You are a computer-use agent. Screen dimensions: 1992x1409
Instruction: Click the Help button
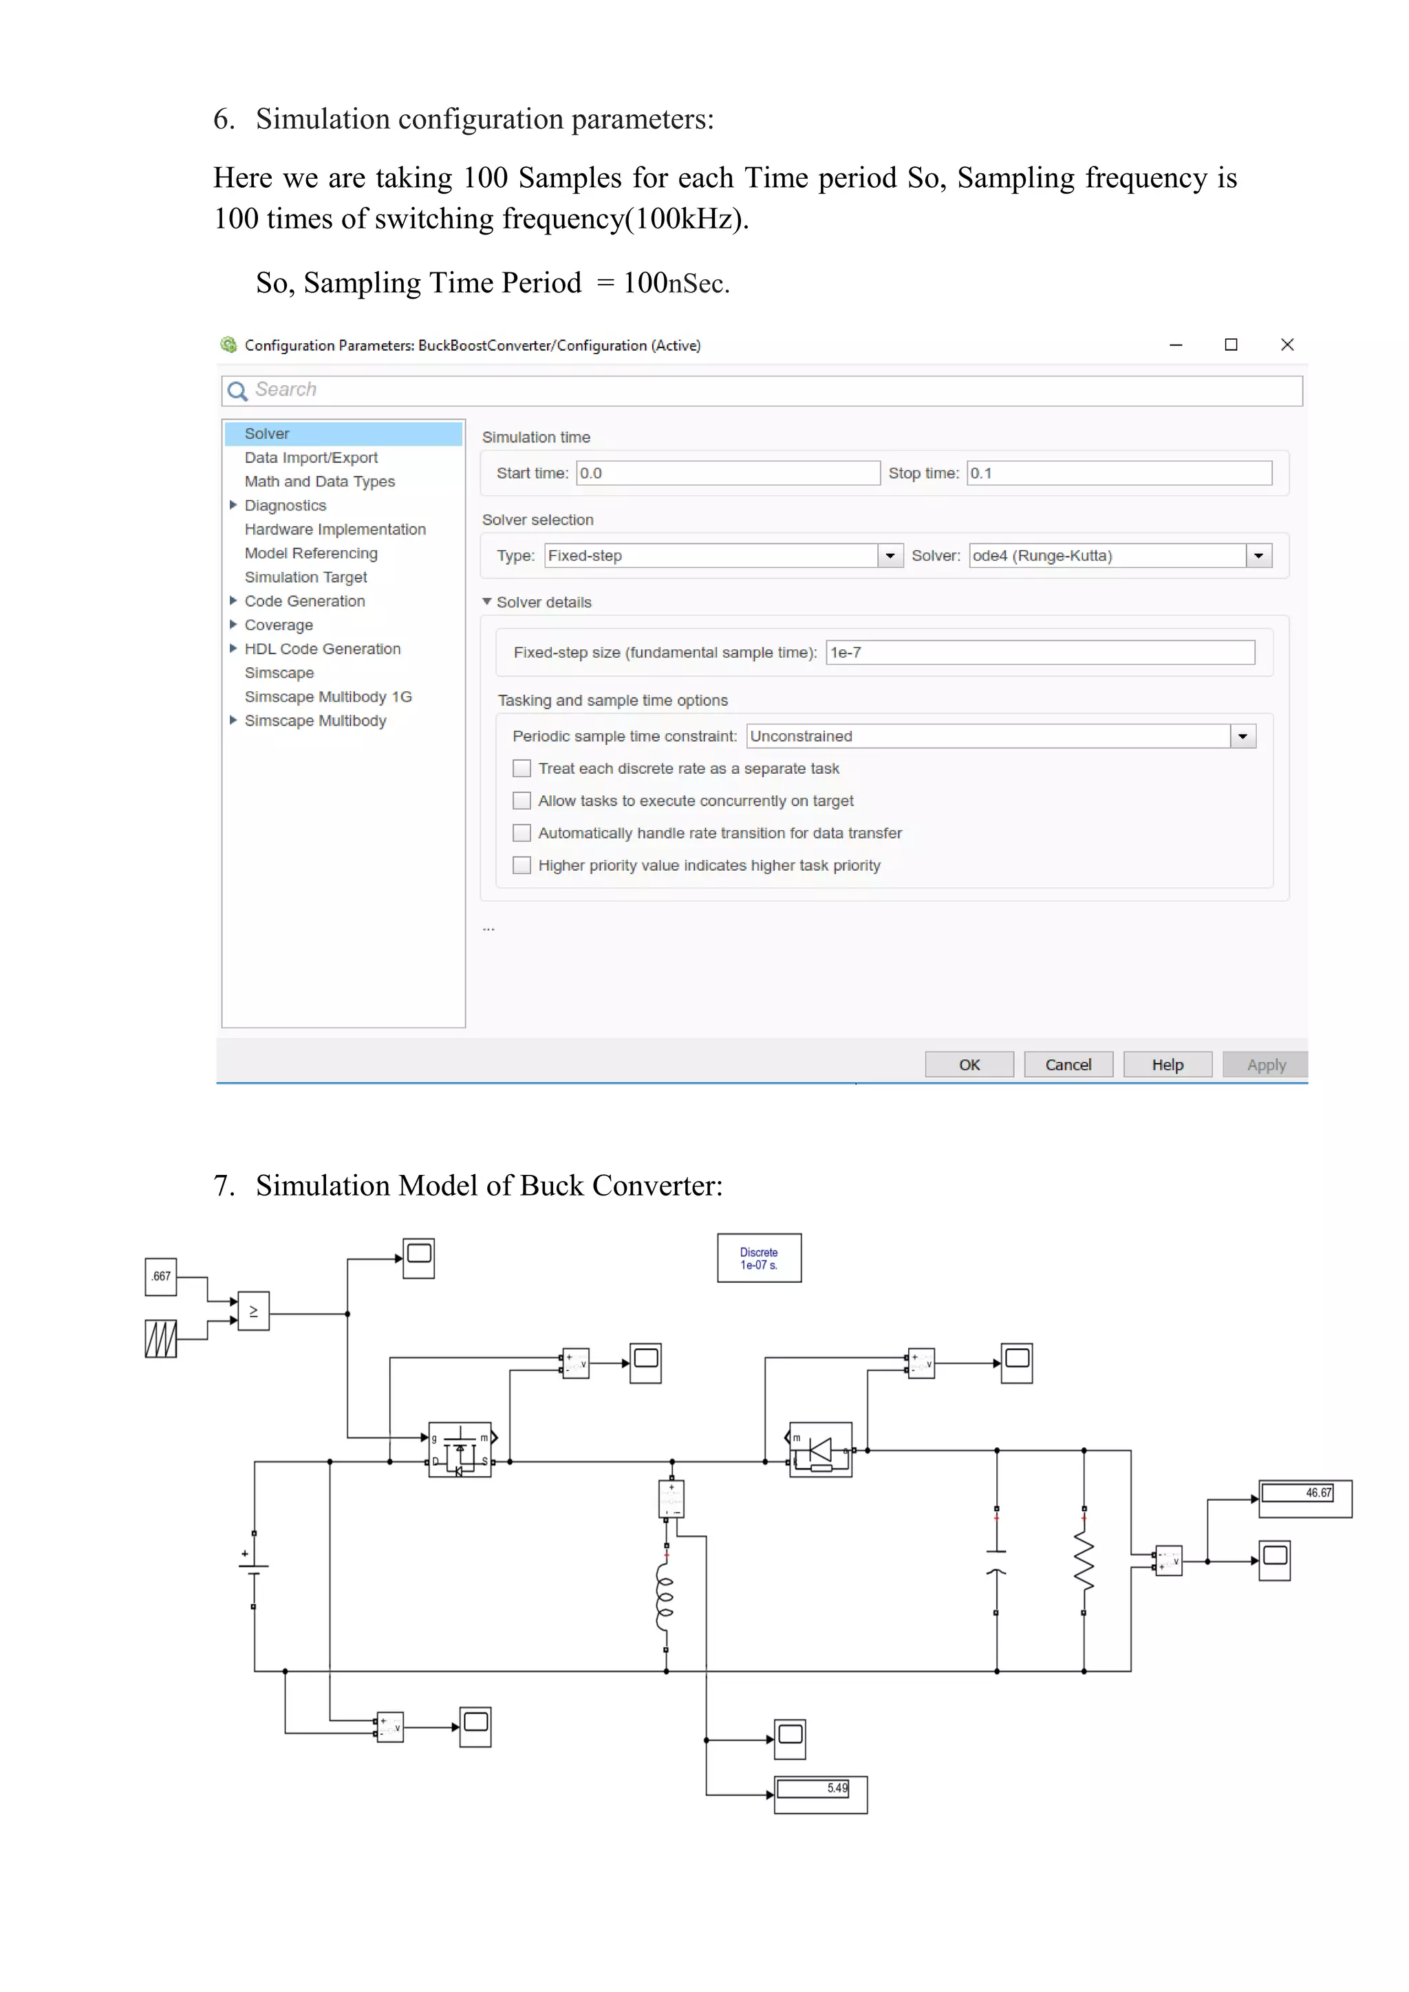[1167, 1065]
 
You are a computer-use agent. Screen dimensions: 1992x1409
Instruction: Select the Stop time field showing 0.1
[1119, 473]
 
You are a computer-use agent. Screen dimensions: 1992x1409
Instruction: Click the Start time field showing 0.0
[727, 473]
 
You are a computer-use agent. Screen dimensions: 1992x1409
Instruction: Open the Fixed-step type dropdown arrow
[890, 555]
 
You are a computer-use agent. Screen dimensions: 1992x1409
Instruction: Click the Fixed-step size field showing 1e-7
[1040, 653]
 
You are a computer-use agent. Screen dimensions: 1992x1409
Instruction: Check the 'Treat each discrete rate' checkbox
[521, 769]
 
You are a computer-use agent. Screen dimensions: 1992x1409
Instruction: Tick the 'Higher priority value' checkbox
[521, 865]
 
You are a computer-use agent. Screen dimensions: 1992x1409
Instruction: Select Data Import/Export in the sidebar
[310, 457]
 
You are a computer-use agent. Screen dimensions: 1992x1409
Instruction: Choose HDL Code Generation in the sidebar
[322, 649]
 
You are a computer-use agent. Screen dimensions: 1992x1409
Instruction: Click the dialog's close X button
[1287, 345]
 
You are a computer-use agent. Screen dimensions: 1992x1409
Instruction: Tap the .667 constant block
[160, 1276]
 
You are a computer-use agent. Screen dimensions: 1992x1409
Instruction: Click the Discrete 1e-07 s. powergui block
[759, 1258]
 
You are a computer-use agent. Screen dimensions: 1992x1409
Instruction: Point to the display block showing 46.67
[1304, 1498]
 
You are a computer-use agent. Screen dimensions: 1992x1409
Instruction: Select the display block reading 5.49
[820, 1794]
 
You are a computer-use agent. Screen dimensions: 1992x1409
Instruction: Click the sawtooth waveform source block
[160, 1339]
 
